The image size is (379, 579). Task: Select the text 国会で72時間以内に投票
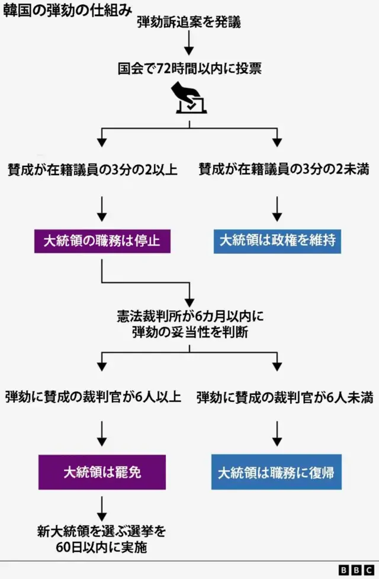tap(189, 69)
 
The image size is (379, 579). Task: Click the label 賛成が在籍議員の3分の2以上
tap(92, 170)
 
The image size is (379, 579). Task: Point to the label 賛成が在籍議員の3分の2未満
tap(284, 170)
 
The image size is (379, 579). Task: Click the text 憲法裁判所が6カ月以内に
tap(190, 317)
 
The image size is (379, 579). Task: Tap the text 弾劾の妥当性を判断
tap(190, 333)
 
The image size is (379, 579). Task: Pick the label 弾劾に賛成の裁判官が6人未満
tap(285, 397)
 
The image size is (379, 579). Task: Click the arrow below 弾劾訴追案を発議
tap(189, 44)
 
